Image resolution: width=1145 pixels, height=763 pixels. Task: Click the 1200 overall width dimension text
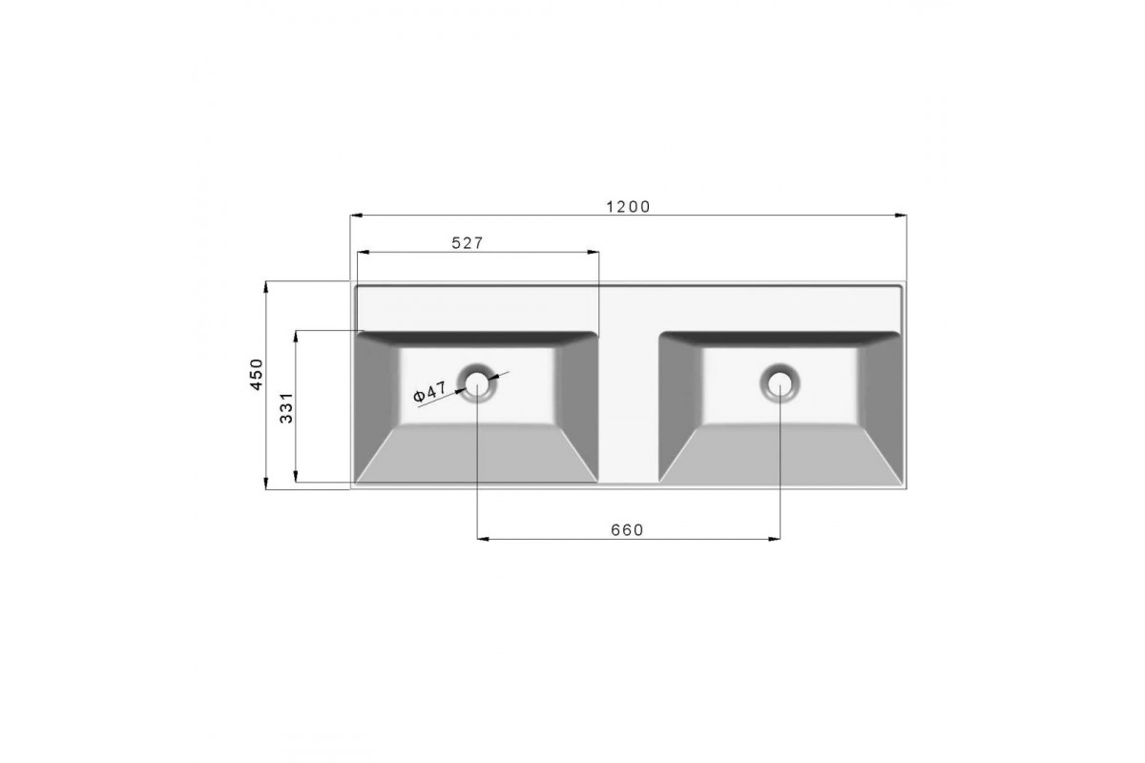pos(628,207)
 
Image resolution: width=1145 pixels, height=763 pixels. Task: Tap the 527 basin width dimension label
pos(468,243)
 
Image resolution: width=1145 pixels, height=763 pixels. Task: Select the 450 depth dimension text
pos(256,375)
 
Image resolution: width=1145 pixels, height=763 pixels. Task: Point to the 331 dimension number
pos(287,408)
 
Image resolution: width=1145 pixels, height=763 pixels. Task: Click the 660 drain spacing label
pos(627,530)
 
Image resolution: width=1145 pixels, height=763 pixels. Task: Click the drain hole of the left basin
pos(477,382)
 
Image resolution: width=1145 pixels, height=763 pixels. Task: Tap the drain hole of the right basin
pos(781,382)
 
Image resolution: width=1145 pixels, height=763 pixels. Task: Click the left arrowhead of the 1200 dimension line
pos(356,216)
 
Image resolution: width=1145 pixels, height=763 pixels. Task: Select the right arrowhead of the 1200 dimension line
pos(901,216)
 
